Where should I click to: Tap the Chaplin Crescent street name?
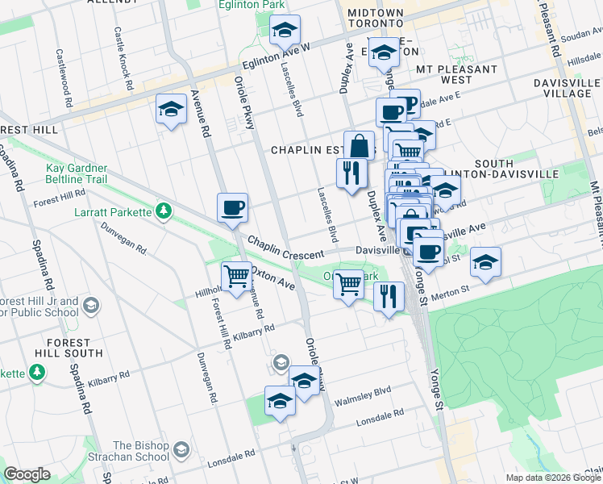(285, 248)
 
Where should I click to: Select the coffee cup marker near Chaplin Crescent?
(233, 209)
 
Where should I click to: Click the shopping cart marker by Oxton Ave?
(236, 277)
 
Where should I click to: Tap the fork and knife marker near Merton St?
(389, 296)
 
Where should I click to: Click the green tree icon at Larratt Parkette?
(164, 211)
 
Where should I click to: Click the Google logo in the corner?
(27, 474)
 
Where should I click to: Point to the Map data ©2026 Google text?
(554, 477)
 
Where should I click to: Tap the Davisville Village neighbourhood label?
(568, 88)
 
